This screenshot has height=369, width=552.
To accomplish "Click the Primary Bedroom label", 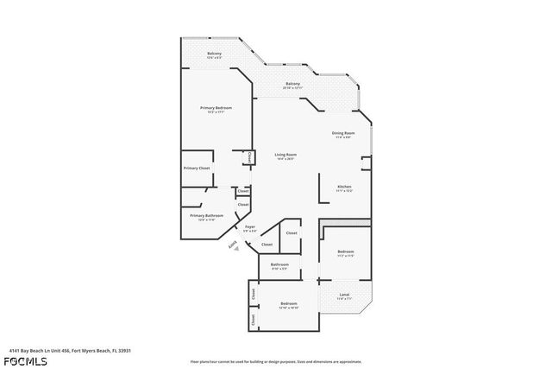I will [x=217, y=108].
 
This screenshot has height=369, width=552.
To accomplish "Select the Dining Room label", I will [x=343, y=132].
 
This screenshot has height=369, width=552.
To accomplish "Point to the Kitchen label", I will [x=344, y=186].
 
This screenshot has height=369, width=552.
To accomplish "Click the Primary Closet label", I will [x=196, y=168].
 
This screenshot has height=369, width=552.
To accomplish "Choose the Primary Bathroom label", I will [x=207, y=215].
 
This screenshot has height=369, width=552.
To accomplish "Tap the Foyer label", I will [x=249, y=227].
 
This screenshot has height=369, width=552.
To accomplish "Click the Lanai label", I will [x=343, y=296].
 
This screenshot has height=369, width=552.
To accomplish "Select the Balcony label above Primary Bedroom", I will [x=214, y=54].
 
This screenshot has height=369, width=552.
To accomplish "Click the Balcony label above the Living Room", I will [x=292, y=84].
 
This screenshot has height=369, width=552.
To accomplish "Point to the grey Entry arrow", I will [x=232, y=246].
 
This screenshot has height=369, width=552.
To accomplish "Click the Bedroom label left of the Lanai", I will [x=289, y=303].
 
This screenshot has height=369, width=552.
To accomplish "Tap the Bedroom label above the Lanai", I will [x=345, y=251].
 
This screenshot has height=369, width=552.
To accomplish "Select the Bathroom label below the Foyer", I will [x=279, y=264].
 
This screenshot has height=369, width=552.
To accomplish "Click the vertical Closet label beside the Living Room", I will [x=249, y=157].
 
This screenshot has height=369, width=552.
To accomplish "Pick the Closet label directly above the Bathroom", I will [x=292, y=233].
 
